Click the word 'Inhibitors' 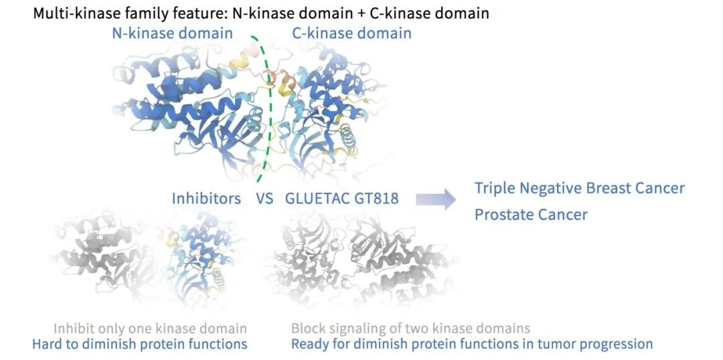206,199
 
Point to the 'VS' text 264,199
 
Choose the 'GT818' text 377,199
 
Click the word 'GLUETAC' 317,199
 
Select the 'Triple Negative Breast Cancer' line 580,188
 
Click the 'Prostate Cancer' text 531,215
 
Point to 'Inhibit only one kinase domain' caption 150,329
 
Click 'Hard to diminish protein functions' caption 140,344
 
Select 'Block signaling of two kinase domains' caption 410,329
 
